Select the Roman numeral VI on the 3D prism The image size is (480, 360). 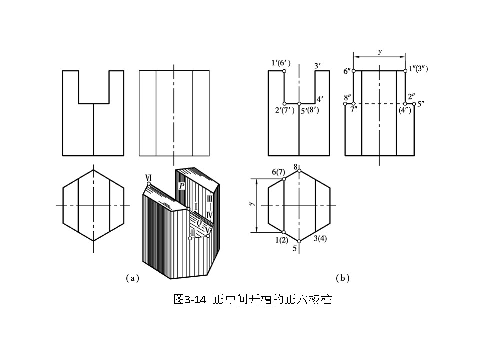148,177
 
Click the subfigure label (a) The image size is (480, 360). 132,278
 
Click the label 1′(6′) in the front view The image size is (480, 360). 281,63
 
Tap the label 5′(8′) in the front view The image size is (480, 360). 310,110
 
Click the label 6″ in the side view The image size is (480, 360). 348,71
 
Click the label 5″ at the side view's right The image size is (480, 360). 420,104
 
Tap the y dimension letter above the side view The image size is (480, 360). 380,51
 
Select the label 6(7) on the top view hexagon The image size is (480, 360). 278,172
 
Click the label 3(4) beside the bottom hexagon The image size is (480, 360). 320,239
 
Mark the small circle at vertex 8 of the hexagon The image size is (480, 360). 299,171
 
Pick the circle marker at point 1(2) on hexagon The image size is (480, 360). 284,232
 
